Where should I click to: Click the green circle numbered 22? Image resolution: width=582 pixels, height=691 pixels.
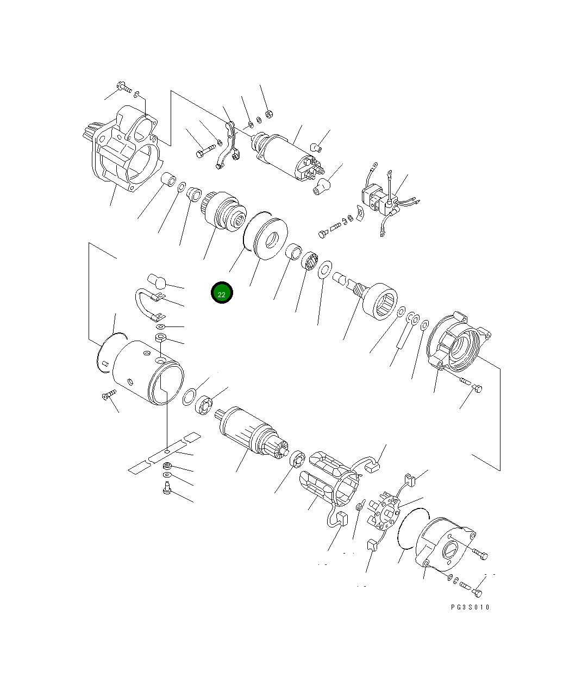click(222, 293)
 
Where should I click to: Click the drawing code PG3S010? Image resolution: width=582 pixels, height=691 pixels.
click(470, 607)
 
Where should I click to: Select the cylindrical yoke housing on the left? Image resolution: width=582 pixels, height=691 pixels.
click(147, 373)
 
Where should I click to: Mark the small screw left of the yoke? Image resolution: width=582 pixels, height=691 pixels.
click(108, 394)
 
